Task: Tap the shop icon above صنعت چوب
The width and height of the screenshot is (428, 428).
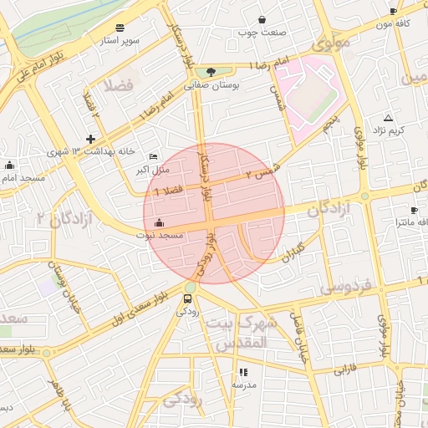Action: [x=262, y=19]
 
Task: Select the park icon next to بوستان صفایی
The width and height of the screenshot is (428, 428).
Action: [x=211, y=72]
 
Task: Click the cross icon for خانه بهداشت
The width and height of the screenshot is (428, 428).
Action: [x=90, y=139]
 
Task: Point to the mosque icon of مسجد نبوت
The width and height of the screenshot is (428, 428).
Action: [x=159, y=223]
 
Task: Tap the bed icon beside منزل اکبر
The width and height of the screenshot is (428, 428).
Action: [x=152, y=157]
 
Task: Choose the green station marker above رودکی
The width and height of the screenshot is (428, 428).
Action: [x=189, y=298]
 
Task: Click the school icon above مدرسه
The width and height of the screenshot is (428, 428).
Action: [x=243, y=372]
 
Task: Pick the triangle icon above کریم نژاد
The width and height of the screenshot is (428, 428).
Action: [x=388, y=118]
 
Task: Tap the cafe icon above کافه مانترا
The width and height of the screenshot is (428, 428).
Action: [x=414, y=210]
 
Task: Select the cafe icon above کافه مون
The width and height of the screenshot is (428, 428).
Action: [x=394, y=12]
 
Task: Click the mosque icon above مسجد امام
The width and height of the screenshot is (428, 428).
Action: [x=9, y=166]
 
